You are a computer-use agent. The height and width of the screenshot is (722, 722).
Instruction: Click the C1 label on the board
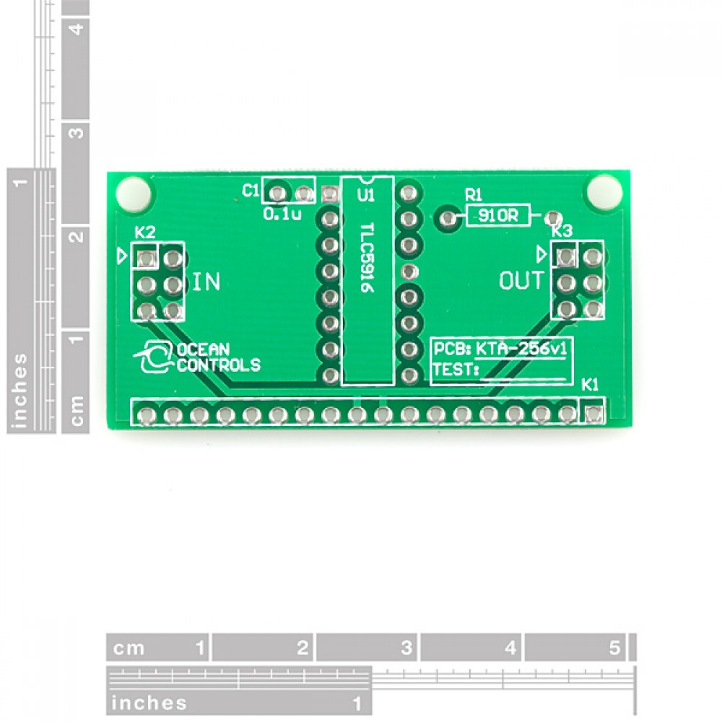251,190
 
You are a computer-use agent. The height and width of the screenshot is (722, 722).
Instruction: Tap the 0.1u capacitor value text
282,214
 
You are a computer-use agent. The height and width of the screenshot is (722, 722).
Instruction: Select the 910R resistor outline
498,215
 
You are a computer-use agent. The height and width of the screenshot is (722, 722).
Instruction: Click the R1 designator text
474,195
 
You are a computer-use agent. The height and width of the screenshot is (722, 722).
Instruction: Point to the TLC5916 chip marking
367,258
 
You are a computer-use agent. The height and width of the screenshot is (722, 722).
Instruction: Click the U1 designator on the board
367,194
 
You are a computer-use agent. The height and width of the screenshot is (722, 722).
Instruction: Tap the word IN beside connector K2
206,282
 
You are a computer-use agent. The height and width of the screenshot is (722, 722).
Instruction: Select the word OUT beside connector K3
522,280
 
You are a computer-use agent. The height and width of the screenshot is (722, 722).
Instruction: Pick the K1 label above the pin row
590,385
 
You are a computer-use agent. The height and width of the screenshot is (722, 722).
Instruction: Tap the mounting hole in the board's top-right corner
605,193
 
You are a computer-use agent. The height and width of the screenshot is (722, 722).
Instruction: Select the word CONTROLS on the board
219,365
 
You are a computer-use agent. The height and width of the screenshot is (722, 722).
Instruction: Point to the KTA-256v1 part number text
521,349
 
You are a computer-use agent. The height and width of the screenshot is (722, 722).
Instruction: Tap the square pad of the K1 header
593,414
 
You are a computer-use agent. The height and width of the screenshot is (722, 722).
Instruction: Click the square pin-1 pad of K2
146,259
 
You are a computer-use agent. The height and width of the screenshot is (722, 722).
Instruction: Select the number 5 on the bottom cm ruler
614,648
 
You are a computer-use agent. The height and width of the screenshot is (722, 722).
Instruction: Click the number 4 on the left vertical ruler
77,29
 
